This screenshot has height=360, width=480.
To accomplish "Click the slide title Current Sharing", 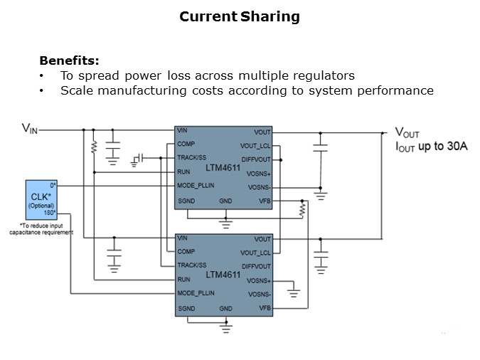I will [x=240, y=16].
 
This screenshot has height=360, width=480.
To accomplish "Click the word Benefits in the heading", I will [x=69, y=60].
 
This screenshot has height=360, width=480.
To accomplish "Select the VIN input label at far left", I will [x=30, y=129].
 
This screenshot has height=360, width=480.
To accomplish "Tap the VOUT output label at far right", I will [x=407, y=133].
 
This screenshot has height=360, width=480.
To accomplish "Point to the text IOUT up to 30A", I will [x=431, y=147].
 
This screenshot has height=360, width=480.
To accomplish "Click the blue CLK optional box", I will [x=41, y=200].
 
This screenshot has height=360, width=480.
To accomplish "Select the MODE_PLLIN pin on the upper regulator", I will [x=196, y=186].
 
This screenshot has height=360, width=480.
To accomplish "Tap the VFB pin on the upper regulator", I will [x=263, y=201].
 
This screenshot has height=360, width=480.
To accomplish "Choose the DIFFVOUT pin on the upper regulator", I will [x=257, y=159].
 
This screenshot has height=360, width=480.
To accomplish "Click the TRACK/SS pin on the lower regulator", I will [x=191, y=265].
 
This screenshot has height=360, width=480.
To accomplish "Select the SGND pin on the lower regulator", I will [x=186, y=308].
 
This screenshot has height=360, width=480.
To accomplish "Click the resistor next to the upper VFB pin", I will [x=302, y=211].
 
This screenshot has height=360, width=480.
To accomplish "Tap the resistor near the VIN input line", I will [x=93, y=147].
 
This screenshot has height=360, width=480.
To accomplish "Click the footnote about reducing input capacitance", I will [x=46, y=229].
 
